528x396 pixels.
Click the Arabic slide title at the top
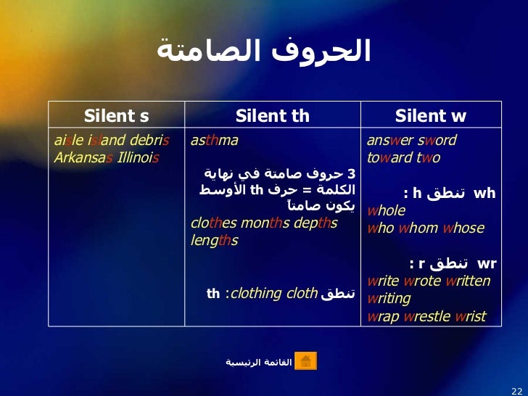tap(264, 51)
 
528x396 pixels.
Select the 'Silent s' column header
tap(117, 116)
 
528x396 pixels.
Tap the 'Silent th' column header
tap(273, 116)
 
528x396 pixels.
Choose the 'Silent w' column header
tap(431, 116)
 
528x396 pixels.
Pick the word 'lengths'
tap(214, 240)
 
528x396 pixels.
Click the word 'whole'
tap(387, 211)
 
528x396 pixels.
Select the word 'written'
tap(466, 281)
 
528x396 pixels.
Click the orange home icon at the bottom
tap(306, 360)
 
